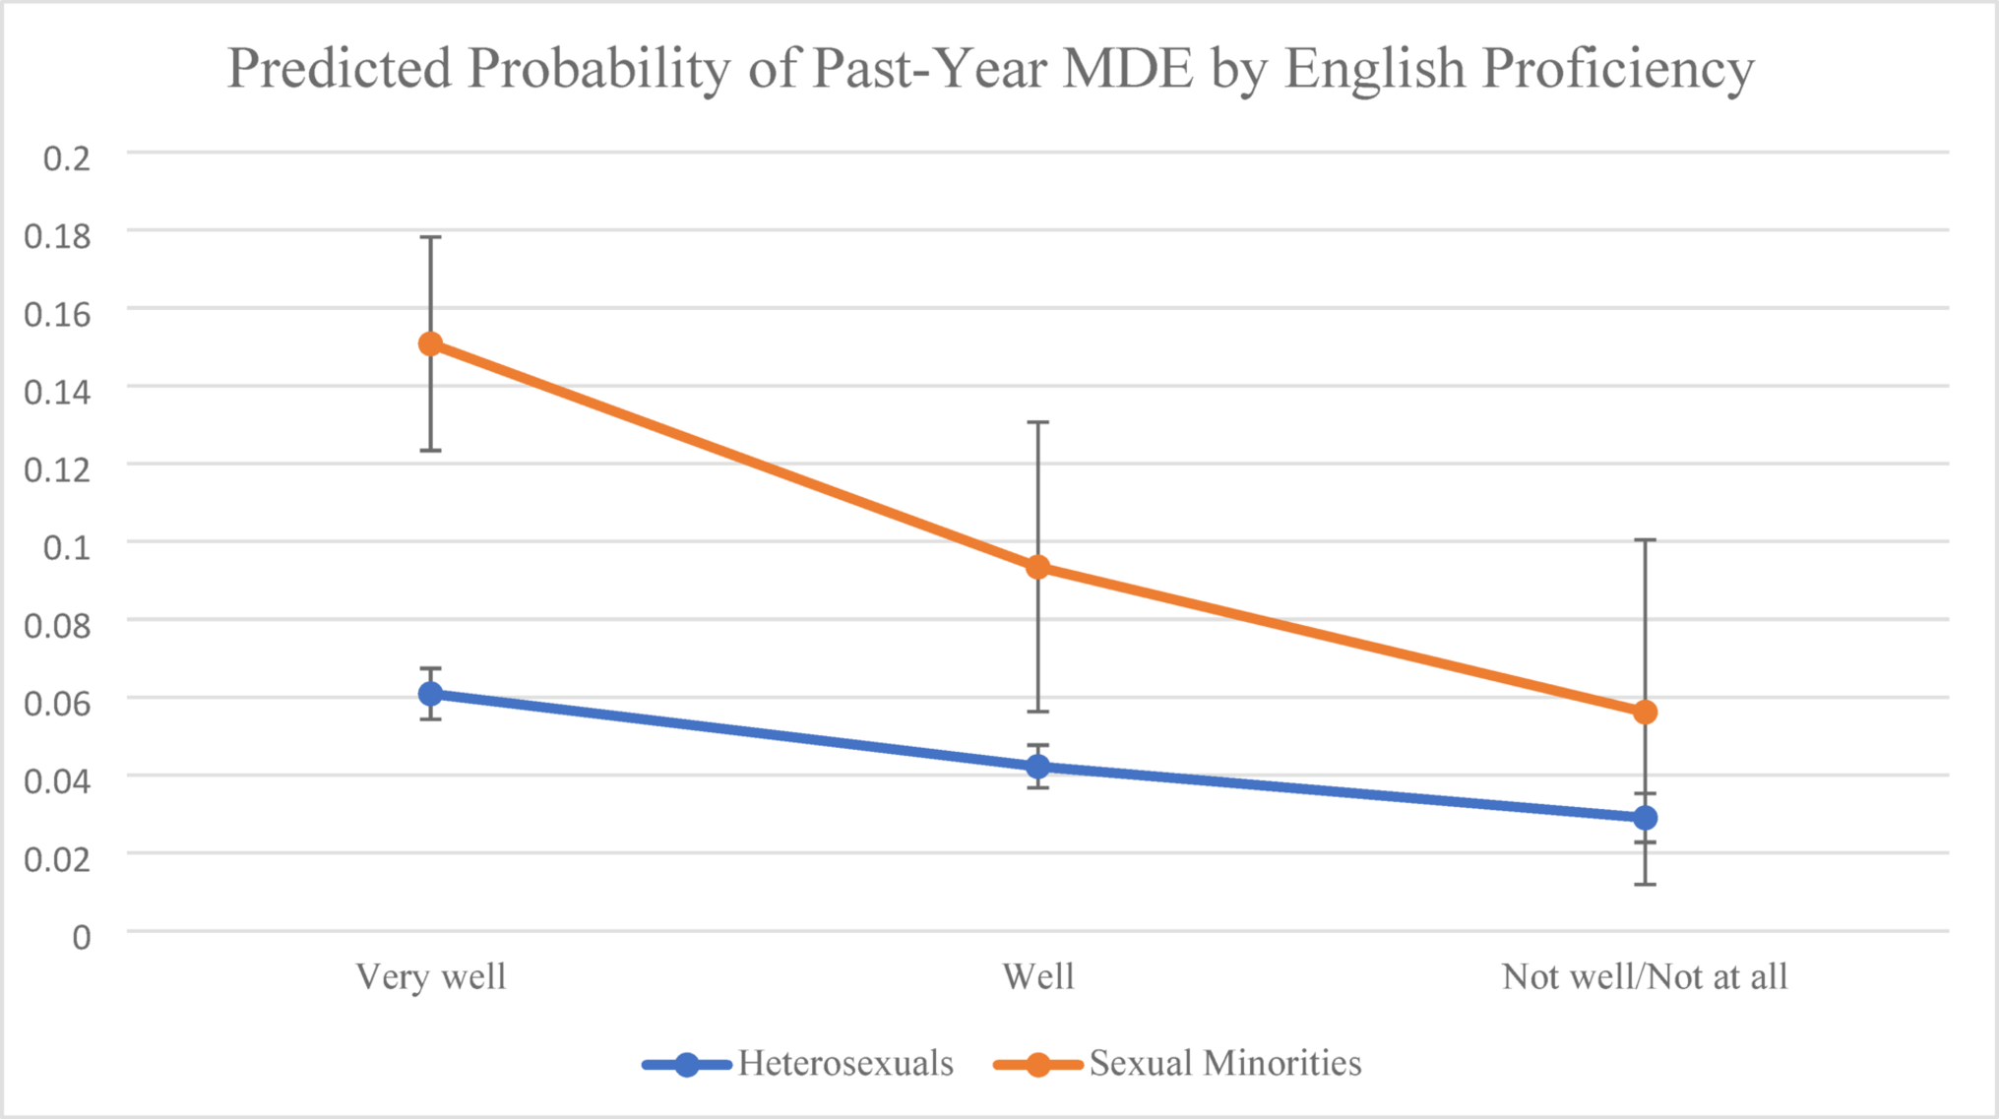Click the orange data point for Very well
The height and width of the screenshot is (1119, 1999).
[x=430, y=343]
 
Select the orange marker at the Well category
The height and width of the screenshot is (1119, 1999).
[x=1037, y=567]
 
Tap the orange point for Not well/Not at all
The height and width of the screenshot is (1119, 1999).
[x=1645, y=712]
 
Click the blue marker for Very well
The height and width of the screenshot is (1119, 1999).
[x=430, y=694]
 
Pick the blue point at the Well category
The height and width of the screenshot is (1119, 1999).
[x=1037, y=767]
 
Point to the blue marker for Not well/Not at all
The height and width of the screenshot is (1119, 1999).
[x=1645, y=818]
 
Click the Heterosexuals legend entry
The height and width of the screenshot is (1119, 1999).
[x=844, y=1063]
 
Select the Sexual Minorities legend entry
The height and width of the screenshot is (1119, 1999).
[x=1224, y=1063]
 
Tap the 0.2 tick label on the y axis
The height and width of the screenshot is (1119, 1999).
[x=66, y=157]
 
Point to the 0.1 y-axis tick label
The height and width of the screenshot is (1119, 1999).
[x=66, y=547]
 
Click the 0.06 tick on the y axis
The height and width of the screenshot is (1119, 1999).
[x=57, y=703]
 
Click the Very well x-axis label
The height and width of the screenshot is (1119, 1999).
[x=430, y=976]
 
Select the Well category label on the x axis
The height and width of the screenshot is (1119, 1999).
[x=1037, y=976]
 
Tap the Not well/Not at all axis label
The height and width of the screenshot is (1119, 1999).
[x=1644, y=976]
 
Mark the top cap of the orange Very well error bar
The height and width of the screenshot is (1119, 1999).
[x=430, y=237]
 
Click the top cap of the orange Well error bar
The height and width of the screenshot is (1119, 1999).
[x=1037, y=422]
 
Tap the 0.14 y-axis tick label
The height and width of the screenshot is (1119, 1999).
[x=57, y=392]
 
